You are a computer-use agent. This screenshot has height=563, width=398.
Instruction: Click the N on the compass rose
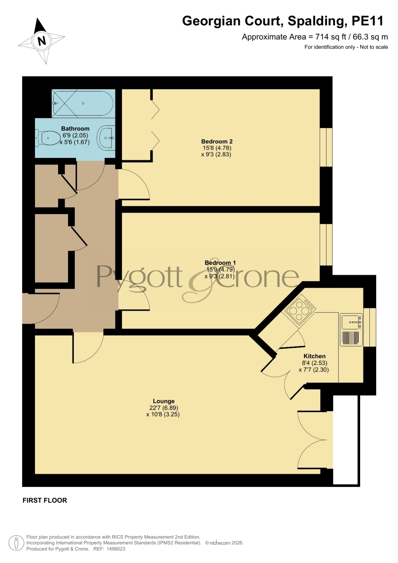42,41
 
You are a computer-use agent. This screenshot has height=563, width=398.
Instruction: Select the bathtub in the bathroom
83,103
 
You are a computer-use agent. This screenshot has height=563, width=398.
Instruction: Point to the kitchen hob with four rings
299,310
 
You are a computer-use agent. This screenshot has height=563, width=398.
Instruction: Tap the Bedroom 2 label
217,141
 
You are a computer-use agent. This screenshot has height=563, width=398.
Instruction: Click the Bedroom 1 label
220,263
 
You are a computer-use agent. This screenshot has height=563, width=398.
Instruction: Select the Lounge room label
164,401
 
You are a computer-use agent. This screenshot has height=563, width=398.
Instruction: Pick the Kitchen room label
314,356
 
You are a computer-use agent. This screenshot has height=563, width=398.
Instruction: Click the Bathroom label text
75,128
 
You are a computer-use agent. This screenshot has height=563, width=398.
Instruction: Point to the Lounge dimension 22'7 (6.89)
164,408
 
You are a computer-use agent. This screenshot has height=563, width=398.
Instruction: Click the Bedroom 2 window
326,147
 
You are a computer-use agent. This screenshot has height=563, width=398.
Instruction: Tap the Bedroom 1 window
326,244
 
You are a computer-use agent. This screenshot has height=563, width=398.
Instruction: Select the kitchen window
369,327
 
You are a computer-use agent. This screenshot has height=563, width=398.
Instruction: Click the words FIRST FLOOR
45,500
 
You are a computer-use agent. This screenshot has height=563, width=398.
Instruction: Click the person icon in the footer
16,543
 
